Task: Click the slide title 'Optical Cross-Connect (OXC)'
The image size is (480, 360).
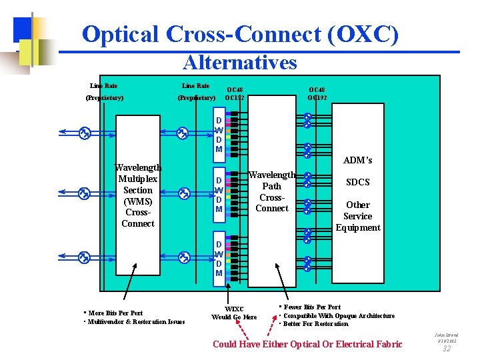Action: click(x=240, y=34)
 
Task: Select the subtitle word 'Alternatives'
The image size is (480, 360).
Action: click(x=239, y=63)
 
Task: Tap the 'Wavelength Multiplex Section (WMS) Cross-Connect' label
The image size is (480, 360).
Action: click(x=138, y=195)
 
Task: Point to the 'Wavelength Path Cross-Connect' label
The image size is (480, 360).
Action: click(x=272, y=191)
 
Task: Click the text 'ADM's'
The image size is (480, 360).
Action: click(x=357, y=160)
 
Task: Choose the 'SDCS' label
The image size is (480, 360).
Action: click(x=357, y=182)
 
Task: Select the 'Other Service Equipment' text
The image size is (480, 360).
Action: click(x=357, y=216)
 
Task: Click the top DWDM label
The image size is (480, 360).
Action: click(x=219, y=135)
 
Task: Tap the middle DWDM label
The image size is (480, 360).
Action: click(x=219, y=195)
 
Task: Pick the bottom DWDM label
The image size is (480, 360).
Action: click(x=219, y=255)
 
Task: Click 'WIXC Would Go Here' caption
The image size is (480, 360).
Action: click(x=234, y=313)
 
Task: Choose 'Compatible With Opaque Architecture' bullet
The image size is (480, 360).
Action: click(x=339, y=316)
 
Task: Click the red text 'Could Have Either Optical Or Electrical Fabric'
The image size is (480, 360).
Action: click(x=307, y=344)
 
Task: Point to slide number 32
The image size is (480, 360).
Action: click(x=446, y=348)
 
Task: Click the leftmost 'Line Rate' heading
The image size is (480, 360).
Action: click(x=104, y=85)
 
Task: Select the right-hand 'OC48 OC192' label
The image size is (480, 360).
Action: click(x=317, y=93)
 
